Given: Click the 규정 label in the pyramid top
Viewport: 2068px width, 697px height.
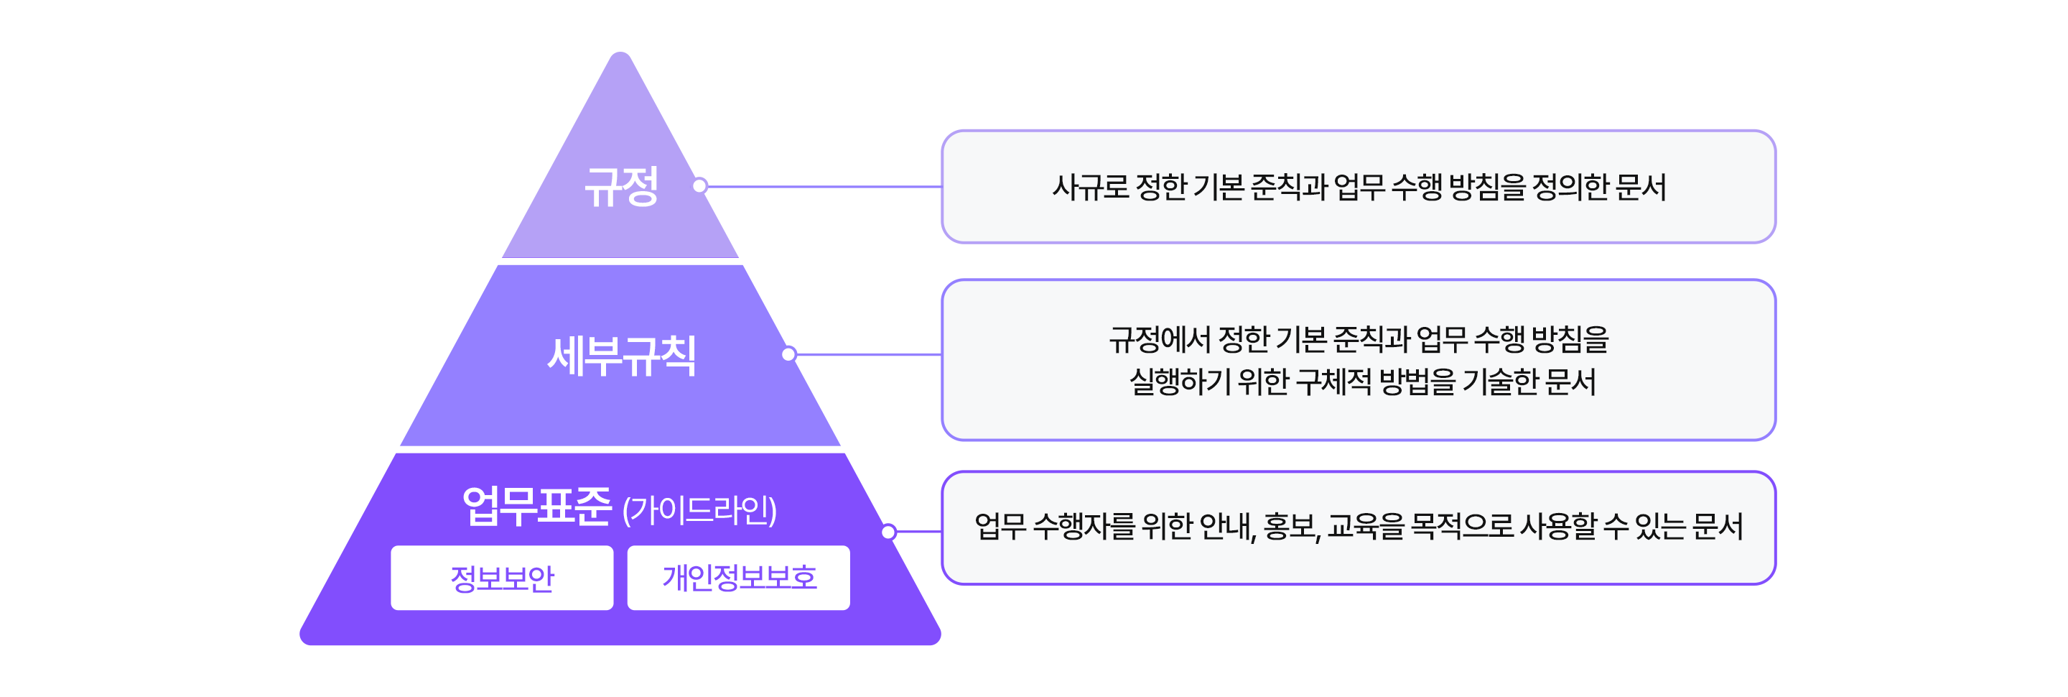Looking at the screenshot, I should point(621,187).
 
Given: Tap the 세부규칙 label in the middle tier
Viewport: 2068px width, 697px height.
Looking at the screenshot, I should point(621,356).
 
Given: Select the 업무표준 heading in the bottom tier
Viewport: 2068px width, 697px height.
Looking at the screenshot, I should point(536,507).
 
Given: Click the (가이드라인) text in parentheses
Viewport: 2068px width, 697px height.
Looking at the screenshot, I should point(699,510).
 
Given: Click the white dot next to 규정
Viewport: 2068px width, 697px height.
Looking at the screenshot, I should point(700,186).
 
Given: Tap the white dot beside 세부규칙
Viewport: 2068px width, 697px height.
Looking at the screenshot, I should point(789,354).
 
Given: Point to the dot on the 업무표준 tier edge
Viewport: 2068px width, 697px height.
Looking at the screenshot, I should point(889,532).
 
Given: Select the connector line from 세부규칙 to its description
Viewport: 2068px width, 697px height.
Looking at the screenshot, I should point(867,354).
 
